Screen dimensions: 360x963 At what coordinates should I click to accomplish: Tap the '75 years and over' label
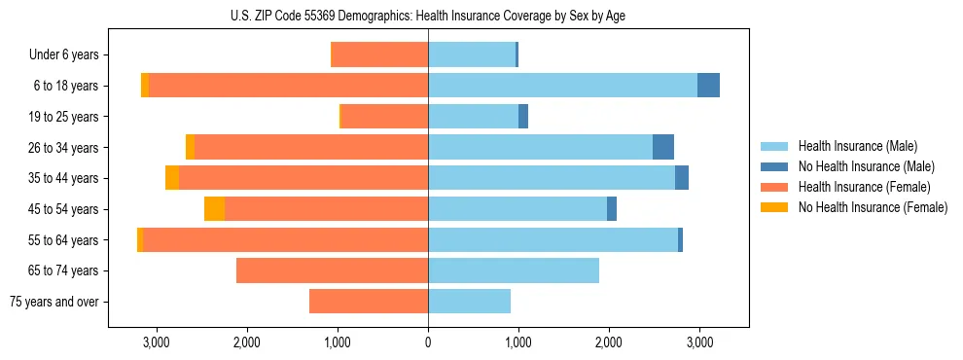pyautogui.click(x=53, y=302)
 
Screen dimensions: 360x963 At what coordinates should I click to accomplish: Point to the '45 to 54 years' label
pyautogui.click(x=63, y=209)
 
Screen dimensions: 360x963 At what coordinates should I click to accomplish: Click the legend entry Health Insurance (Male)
pyautogui.click(x=857, y=146)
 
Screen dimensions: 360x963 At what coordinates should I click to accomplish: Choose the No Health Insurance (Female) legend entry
pyautogui.click(x=873, y=207)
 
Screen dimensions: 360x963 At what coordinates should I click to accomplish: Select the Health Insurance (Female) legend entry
pyautogui.click(x=865, y=187)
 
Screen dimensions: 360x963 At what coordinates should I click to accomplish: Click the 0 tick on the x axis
pyautogui.click(x=428, y=342)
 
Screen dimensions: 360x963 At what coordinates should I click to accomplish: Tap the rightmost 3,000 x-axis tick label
pyautogui.click(x=699, y=342)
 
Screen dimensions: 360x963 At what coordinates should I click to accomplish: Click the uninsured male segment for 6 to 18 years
pyautogui.click(x=708, y=86)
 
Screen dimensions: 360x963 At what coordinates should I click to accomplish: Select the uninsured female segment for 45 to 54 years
pyautogui.click(x=214, y=209)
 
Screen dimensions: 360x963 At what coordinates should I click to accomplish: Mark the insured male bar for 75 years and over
pyautogui.click(x=469, y=302)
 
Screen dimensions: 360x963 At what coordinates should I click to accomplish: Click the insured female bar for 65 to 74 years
pyautogui.click(x=332, y=270)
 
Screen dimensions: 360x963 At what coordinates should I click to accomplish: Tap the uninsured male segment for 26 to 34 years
pyautogui.click(x=663, y=147)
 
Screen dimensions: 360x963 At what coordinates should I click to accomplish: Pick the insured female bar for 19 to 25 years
pyautogui.click(x=384, y=117)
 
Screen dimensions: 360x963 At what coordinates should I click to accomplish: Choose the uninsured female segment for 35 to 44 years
pyautogui.click(x=172, y=178)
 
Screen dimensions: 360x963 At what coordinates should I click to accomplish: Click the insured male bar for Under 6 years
pyautogui.click(x=472, y=54)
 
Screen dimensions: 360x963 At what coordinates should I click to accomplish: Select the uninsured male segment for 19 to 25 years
pyautogui.click(x=523, y=117)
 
